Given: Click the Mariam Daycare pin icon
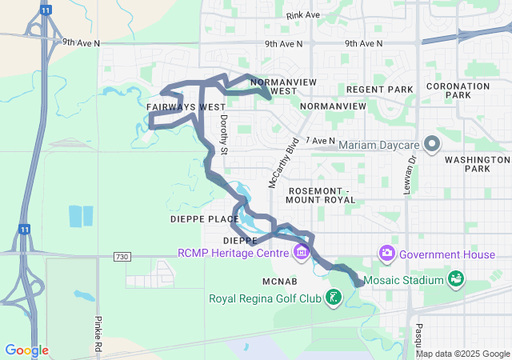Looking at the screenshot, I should pyautogui.click(x=433, y=145).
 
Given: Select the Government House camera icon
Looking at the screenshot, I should pyautogui.click(x=387, y=253).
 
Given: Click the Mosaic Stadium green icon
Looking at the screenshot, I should pyautogui.click(x=456, y=279).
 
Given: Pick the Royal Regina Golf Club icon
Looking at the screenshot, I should pyautogui.click(x=333, y=299).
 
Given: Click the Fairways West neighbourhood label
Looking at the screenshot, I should pyautogui.click(x=186, y=106).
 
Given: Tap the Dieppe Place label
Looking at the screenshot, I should pyautogui.click(x=205, y=218).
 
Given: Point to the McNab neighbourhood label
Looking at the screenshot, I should pyautogui.click(x=280, y=282).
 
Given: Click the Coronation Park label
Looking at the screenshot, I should pyautogui.click(x=458, y=90).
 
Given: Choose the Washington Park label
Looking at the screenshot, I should pyautogui.click(x=466, y=164).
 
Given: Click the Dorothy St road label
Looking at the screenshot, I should pyautogui.click(x=224, y=135).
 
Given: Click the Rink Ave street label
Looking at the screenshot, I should pyautogui.click(x=302, y=15).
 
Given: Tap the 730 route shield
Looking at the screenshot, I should pyautogui.click(x=122, y=256).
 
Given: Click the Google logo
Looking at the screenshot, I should pyautogui.click(x=26, y=350).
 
